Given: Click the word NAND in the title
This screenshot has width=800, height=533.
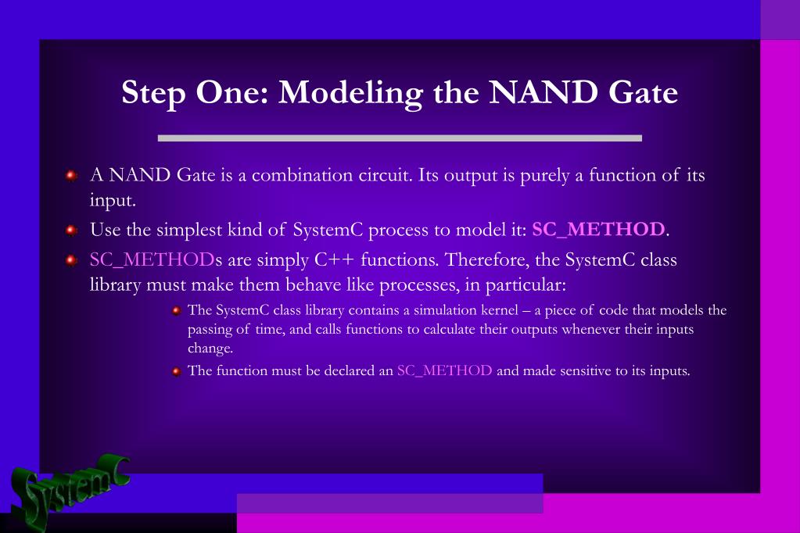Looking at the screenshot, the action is pos(543,92).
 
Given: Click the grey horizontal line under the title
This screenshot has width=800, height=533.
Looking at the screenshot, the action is pos(400,138).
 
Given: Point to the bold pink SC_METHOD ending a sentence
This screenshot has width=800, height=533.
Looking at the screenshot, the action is pos(598,229).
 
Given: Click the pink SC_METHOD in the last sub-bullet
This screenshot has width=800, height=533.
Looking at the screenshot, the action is pos(444,370).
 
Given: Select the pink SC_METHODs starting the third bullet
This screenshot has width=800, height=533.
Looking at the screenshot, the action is pos(156,259).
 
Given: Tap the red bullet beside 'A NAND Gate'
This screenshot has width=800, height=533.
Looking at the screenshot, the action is pos(71,176).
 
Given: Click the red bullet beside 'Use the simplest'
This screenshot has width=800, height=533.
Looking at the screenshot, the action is pos(71,230).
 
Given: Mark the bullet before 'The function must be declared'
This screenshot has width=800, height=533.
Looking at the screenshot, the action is pos(177,371).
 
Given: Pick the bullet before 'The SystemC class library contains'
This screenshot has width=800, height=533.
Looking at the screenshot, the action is pos(177,310).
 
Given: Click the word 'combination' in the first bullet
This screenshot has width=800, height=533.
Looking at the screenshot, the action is pos(303,175).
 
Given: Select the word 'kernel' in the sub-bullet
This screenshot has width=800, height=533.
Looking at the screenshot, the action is pos(500,310).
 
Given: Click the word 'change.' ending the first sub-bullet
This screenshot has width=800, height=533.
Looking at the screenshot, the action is pos(210,349).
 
